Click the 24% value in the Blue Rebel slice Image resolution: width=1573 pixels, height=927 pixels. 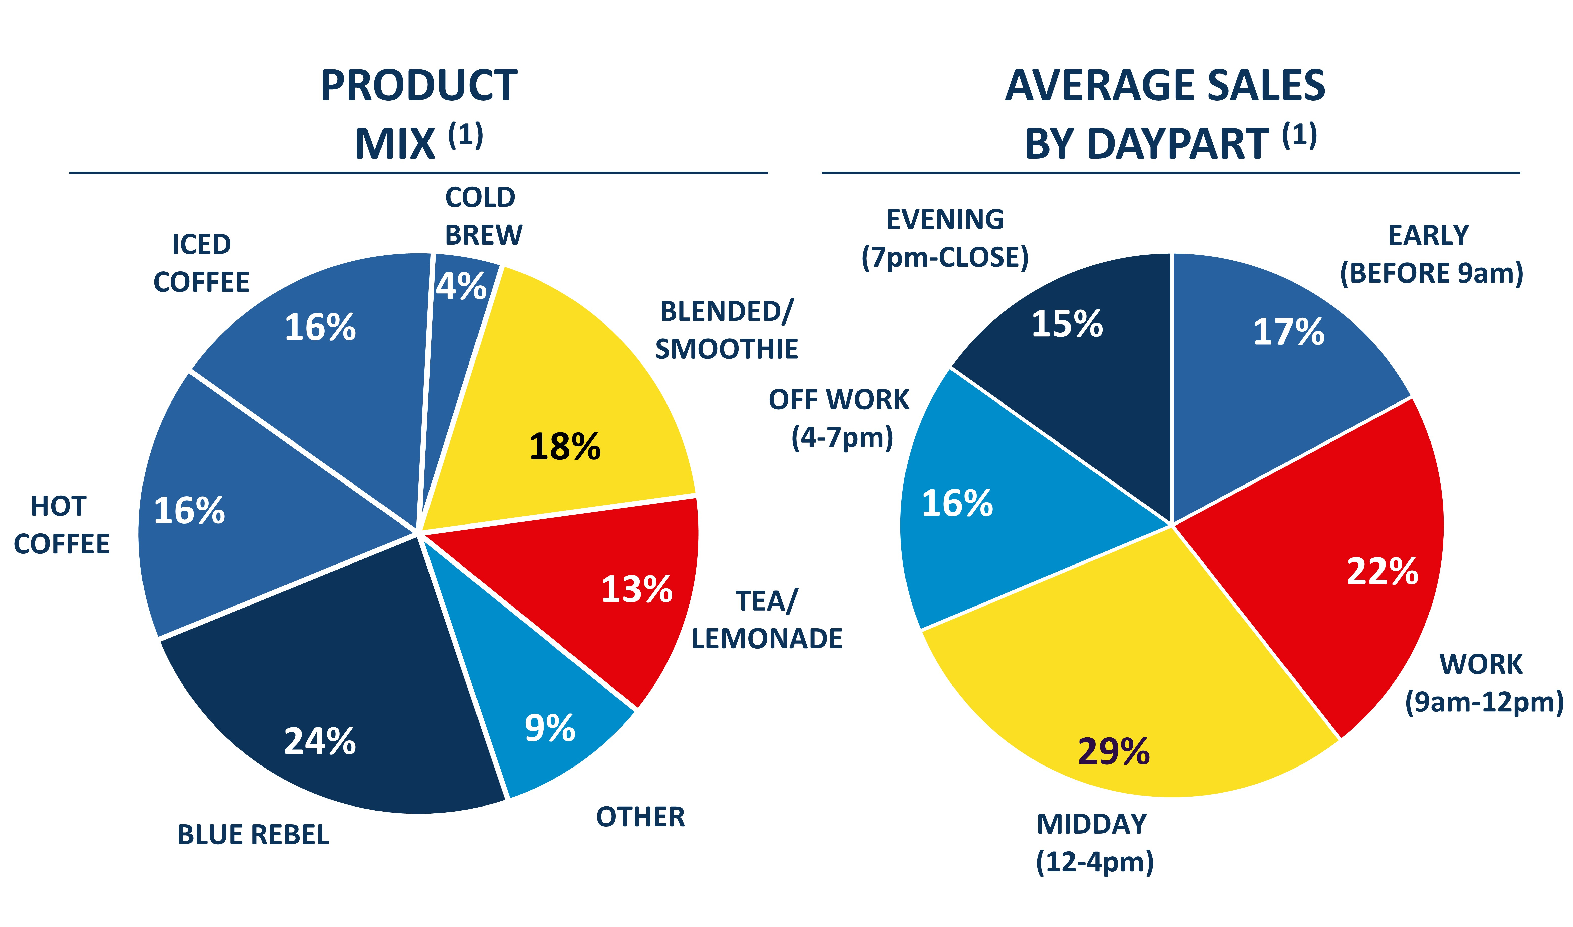pyautogui.click(x=320, y=742)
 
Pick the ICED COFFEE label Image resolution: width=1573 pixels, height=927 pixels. pyautogui.click(x=201, y=263)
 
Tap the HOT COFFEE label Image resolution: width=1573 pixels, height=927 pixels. pyautogui.click(x=61, y=525)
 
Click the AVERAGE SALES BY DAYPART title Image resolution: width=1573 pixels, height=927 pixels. pyautogui.click(x=1165, y=114)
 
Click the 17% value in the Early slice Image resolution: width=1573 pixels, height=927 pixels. pyautogui.click(x=1288, y=332)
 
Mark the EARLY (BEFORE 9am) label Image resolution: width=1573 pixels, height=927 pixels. pyautogui.click(x=1431, y=254)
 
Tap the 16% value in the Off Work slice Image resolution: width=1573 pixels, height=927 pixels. pyautogui.click(x=957, y=503)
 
